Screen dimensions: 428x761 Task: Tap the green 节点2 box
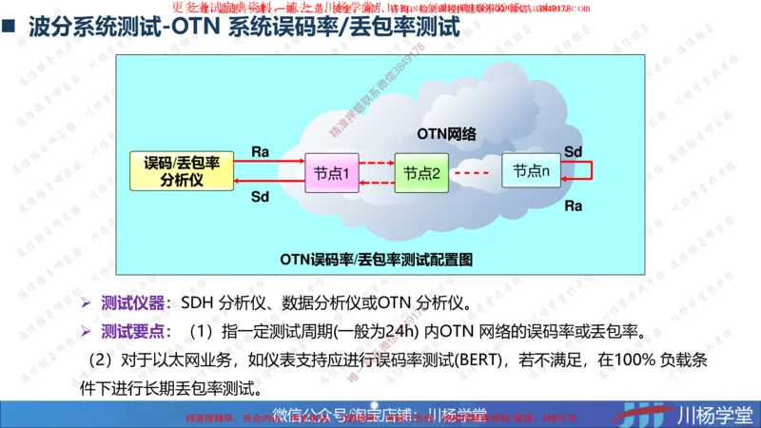(x=420, y=173)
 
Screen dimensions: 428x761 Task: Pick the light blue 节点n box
(x=531, y=171)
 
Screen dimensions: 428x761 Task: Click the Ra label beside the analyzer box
(x=260, y=151)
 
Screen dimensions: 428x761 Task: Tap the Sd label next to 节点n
(x=573, y=151)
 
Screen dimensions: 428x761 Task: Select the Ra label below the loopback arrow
(x=573, y=204)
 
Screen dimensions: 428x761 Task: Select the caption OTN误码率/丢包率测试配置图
(x=376, y=258)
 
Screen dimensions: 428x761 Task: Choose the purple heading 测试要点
(x=133, y=332)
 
